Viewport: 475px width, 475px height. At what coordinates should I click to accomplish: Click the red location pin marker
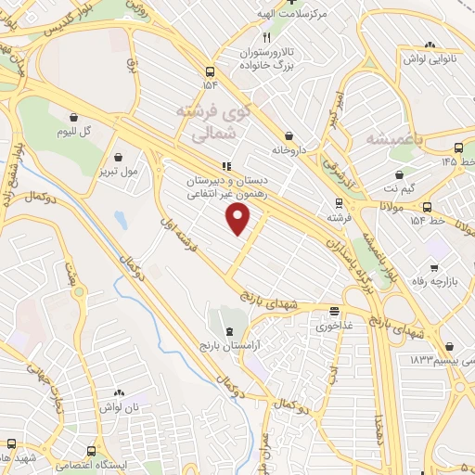coord(239,219)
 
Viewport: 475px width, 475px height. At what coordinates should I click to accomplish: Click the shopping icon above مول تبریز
coord(118,156)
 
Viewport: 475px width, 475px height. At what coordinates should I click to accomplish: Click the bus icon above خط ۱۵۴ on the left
coord(212,71)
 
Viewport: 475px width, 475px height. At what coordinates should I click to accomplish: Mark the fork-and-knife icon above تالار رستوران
coord(266,38)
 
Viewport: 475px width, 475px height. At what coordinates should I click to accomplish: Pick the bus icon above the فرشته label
coord(339,203)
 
